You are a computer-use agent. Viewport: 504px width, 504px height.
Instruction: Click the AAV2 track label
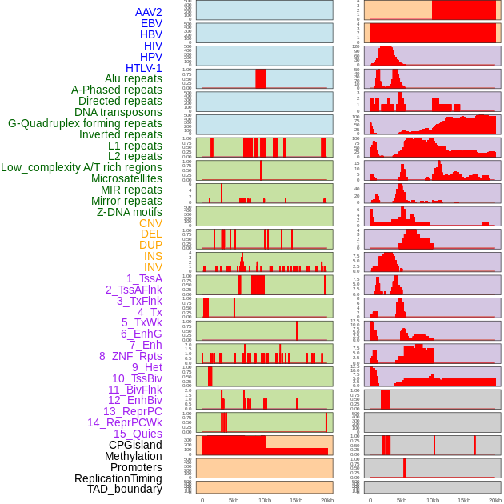pos(148,12)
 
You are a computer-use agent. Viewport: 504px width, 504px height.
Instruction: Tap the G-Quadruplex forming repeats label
pos(85,123)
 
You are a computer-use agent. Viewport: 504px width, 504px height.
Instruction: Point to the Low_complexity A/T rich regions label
pos(81,167)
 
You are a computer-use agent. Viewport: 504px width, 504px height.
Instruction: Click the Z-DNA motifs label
pos(129,212)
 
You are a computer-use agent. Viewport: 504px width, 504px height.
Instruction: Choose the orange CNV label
pos(150,223)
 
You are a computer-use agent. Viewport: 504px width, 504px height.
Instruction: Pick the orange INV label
pos(153,267)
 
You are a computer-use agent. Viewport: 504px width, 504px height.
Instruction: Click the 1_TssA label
pos(144,278)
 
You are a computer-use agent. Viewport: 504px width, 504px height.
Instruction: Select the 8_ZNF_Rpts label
pos(130,356)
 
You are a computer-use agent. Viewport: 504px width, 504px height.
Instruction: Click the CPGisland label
pos(135,445)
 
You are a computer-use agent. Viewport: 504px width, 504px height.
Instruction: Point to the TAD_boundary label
pos(124,489)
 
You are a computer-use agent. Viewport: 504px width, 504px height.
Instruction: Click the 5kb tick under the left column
pos(234,500)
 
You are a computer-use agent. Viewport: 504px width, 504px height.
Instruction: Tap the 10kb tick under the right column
pos(433,500)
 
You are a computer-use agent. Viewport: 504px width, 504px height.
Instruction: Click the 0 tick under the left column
pos(202,500)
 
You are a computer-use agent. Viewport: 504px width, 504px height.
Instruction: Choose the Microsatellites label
pos(126,178)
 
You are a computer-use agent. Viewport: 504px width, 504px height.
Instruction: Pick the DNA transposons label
pos(118,112)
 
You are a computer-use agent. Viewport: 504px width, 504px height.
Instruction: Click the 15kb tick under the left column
pos(296,500)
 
